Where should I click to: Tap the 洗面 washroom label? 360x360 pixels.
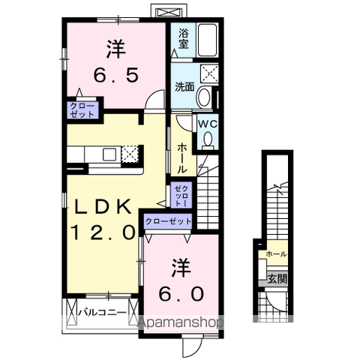[x=184, y=86]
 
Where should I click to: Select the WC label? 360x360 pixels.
[x=207, y=124]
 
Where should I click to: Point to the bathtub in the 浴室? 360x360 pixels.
[x=208, y=40]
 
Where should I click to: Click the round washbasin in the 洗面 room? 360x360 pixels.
[x=205, y=97]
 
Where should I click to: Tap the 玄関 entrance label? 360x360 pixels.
[x=275, y=278]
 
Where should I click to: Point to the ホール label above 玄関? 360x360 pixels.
[x=276, y=255]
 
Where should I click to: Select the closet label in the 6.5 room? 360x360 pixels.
[x=82, y=111]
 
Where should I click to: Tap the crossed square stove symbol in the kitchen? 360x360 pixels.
[x=130, y=154]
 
